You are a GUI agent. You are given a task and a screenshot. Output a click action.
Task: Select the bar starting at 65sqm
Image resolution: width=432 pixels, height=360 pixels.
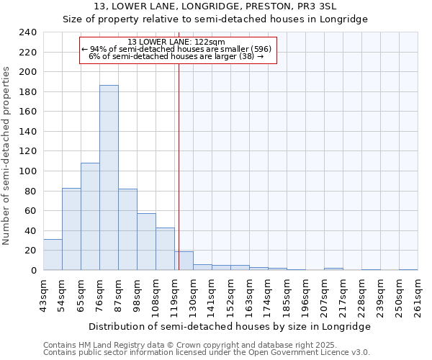pyautogui.click(x=90, y=216)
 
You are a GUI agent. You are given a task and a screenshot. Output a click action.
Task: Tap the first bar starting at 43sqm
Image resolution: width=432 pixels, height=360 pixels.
pyautogui.click(x=53, y=255)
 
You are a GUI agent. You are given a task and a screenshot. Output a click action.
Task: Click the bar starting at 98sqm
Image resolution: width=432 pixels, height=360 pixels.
pyautogui.click(x=146, y=242)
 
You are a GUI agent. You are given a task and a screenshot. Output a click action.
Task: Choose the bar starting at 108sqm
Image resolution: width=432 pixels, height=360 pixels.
pyautogui.click(x=165, y=249)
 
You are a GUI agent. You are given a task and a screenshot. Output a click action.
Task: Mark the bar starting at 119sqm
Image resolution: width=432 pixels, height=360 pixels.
pyautogui.click(x=184, y=261)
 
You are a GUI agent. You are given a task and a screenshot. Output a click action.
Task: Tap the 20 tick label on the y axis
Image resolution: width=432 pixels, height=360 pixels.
pyautogui.click(x=30, y=251)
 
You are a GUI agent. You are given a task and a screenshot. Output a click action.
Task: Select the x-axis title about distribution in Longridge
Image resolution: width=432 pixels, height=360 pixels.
pyautogui.click(x=229, y=326)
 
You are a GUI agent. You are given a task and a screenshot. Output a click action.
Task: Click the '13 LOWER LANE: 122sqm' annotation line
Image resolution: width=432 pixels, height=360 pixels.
pyautogui.click(x=176, y=42)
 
